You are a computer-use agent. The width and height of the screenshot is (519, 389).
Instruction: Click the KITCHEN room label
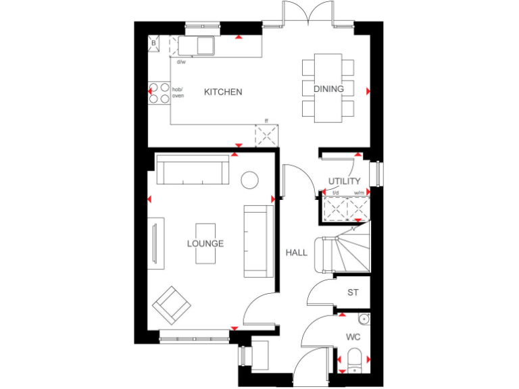tap(223, 92)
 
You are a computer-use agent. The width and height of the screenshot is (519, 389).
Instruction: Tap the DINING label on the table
tap(328, 88)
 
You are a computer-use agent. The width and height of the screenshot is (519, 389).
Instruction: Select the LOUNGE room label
tap(205, 243)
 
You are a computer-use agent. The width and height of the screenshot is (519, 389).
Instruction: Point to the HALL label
tap(296, 253)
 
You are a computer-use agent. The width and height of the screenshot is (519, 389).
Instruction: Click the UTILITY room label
tap(344, 181)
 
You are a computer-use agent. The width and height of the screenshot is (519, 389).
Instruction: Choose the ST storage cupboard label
tap(353, 292)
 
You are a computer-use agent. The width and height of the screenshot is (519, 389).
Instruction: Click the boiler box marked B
tap(153, 43)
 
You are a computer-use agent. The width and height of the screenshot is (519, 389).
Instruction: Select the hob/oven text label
tap(178, 93)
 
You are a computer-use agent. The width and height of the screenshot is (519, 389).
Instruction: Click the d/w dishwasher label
tap(181, 62)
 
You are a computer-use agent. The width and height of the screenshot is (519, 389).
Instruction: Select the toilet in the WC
tap(354, 360)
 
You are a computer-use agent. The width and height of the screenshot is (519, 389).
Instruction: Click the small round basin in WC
tap(364, 319)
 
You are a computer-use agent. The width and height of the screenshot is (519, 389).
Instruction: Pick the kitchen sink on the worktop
tap(203, 45)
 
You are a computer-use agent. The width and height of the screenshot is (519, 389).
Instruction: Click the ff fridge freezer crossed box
tap(266, 135)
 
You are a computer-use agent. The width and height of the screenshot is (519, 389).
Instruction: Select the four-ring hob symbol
tap(159, 93)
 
